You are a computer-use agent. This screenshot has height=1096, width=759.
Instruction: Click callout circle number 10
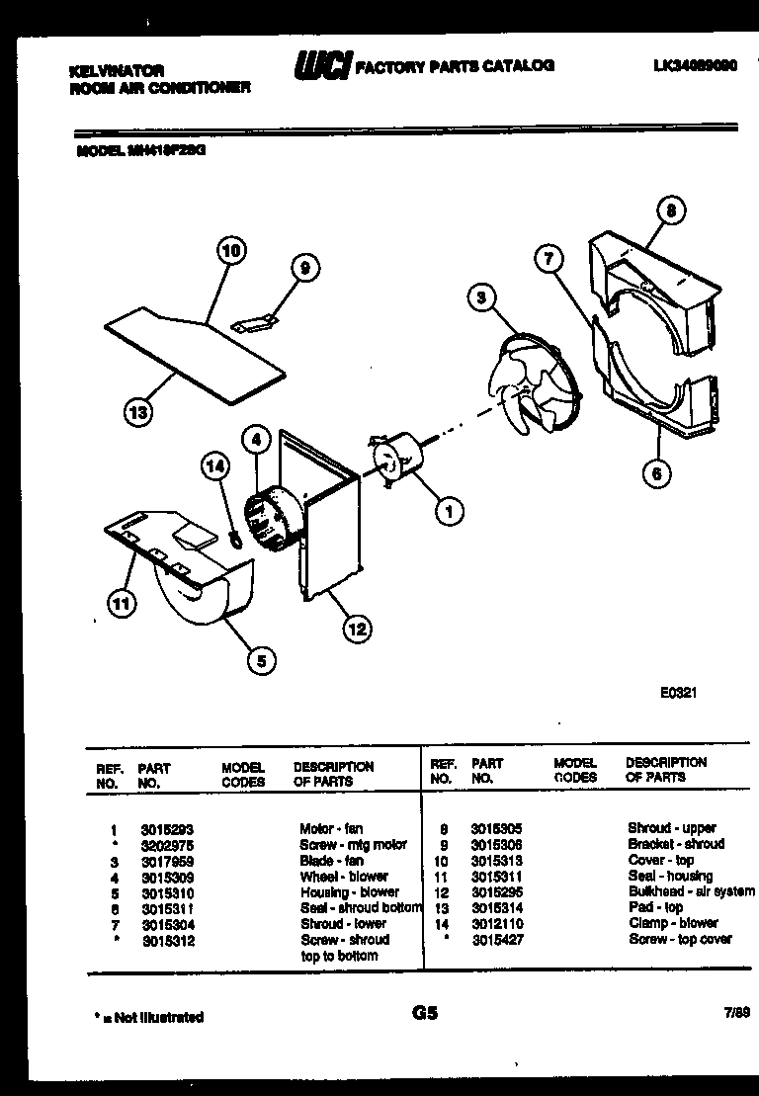[x=230, y=252]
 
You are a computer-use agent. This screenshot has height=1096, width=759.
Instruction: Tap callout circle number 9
[x=305, y=267]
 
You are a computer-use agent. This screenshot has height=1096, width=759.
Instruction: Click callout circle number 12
[x=357, y=626]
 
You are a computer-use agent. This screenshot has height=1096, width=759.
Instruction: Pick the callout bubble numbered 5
[x=260, y=661]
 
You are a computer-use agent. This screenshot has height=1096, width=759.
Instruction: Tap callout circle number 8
[x=671, y=211]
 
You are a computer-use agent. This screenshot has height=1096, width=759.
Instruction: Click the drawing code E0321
[x=679, y=693]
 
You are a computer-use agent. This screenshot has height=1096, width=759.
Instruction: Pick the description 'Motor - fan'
[x=331, y=829]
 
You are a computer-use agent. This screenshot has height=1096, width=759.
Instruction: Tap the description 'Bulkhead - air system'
[x=691, y=891]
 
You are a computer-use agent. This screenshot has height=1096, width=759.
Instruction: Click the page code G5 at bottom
[x=424, y=1013]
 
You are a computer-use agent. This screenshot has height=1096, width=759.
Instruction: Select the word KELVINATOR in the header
[x=117, y=71]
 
